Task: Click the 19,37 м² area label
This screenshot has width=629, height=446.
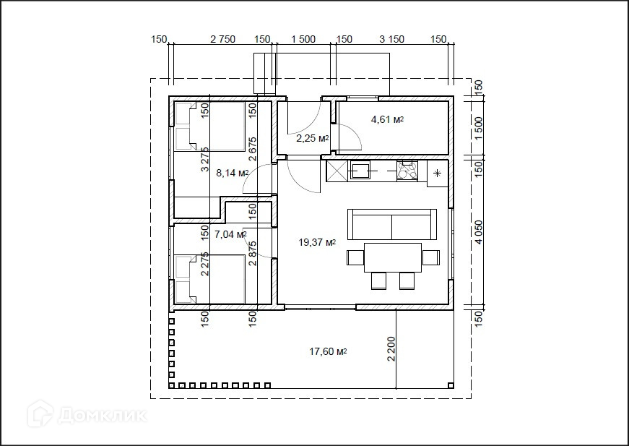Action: coord(317,242)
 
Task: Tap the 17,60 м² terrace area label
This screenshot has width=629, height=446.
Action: coord(328,351)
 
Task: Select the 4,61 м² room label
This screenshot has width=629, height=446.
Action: coord(387,119)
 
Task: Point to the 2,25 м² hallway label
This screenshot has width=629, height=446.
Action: coord(313,139)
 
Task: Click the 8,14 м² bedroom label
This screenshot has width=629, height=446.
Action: coord(233,173)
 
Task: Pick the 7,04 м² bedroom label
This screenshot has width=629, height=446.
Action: coord(230,234)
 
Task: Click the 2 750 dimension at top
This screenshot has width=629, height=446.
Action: coord(222,39)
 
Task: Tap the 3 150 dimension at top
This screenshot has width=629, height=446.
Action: coord(391,39)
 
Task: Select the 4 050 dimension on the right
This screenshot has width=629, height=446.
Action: coord(478,231)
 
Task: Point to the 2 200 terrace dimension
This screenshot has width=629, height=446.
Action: coord(391,349)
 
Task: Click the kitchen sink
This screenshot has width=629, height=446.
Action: coord(361,170)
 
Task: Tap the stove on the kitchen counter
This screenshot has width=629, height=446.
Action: coord(407,170)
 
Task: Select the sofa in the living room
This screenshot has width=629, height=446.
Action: coord(392,224)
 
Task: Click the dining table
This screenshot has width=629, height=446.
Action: coord(393,257)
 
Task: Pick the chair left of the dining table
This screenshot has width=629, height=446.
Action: coord(355,257)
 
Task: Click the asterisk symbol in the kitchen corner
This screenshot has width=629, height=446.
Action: coord(437,173)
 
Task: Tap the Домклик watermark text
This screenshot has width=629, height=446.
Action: coord(102,416)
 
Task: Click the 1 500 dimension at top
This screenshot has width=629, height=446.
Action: coord(303,39)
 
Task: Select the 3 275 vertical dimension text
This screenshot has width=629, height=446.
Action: coord(205,159)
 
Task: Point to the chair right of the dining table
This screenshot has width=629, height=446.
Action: coord(431,257)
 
